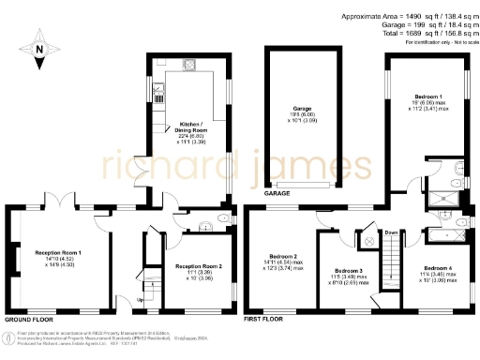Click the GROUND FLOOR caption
click(27, 320)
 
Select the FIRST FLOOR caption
click(264, 320)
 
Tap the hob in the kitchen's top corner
click(190, 65)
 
